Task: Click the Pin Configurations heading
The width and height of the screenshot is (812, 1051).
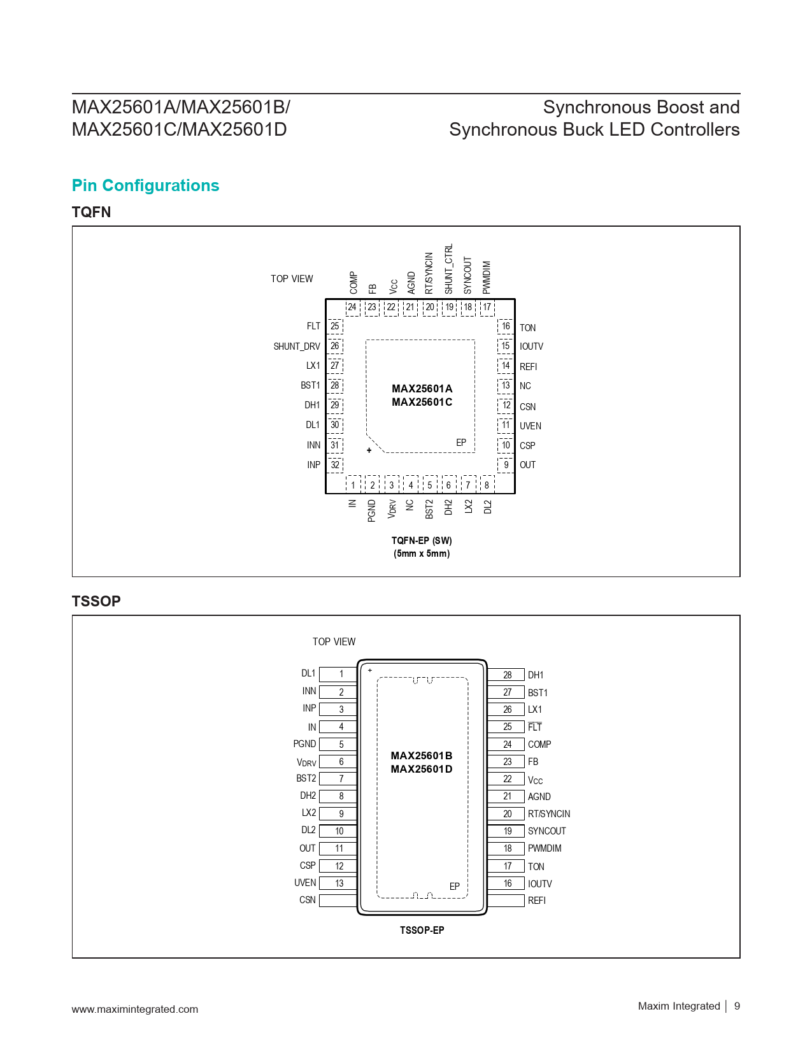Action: coord(145,185)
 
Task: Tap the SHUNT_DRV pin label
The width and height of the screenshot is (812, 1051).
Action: coord(297,347)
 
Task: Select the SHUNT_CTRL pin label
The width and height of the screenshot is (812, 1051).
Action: coord(449,269)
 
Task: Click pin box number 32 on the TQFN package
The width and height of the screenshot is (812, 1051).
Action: coord(334,465)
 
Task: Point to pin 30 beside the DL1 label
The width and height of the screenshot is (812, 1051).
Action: coord(334,425)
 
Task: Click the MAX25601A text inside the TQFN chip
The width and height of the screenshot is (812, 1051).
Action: coord(422,389)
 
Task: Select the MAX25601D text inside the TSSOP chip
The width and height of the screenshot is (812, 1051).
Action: coord(422,769)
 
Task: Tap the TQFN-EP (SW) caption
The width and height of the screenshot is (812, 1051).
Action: coord(422,540)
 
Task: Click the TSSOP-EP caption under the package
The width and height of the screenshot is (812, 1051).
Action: coord(422,929)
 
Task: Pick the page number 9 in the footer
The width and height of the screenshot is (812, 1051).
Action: coord(737,1006)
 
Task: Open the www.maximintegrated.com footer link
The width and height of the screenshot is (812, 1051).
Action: coord(135,1009)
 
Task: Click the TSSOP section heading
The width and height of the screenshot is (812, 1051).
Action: coord(96,601)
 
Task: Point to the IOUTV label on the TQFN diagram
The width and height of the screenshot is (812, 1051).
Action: coord(532,347)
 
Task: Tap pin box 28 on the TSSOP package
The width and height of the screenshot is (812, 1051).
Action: coord(506,675)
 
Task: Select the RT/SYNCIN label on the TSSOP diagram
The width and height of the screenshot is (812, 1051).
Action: coord(549,813)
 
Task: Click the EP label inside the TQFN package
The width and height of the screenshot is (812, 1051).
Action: coord(461,442)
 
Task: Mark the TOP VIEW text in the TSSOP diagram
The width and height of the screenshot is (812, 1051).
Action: coord(334,641)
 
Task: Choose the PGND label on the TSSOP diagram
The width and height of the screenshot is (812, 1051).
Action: coord(304,743)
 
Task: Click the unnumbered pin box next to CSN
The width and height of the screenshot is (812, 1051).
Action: coord(338,900)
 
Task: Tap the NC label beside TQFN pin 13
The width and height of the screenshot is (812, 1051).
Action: coord(525,385)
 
